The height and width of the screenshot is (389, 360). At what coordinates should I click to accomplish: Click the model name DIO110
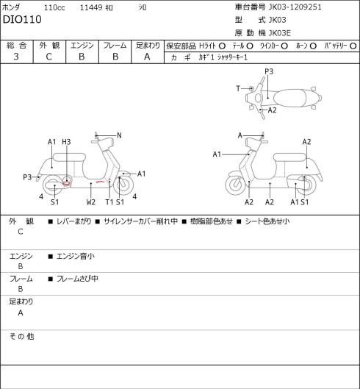click(x=22, y=19)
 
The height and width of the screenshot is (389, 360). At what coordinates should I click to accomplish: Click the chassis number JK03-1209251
click(x=295, y=7)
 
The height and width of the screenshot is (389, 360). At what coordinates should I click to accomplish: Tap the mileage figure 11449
click(x=91, y=7)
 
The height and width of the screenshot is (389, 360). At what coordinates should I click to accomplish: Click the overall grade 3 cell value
click(x=16, y=57)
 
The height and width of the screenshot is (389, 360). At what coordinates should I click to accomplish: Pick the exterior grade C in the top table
click(x=48, y=57)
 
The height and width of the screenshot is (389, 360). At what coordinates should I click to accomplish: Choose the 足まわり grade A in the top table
click(x=147, y=57)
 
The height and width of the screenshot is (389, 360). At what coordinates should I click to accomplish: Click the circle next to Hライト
click(x=222, y=46)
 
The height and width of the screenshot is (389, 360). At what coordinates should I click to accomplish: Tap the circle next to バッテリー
click(x=353, y=46)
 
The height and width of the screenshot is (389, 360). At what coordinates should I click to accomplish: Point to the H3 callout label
click(x=66, y=142)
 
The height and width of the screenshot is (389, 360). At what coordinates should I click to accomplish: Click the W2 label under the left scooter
click(x=91, y=202)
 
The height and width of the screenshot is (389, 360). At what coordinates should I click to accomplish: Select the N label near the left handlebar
click(x=119, y=135)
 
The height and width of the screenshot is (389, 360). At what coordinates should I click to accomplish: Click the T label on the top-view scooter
click(x=238, y=88)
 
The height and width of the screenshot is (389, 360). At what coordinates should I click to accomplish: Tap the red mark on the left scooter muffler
click(x=67, y=184)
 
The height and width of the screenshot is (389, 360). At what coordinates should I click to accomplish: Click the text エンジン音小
click(x=76, y=256)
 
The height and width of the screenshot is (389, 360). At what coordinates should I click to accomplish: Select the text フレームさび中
click(x=77, y=279)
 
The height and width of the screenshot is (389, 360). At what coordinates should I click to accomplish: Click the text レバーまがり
click(x=74, y=221)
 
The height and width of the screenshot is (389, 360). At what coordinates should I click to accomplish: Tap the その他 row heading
click(x=21, y=336)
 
